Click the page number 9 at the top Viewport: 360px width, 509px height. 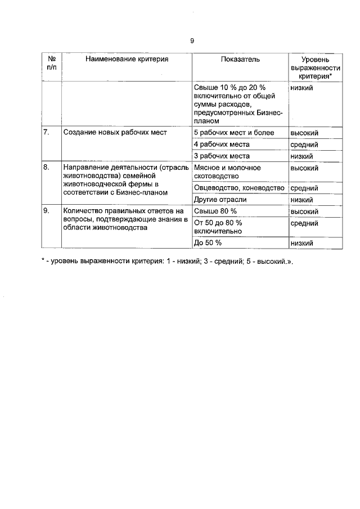[192, 40]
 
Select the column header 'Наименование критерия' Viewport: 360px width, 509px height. [127, 58]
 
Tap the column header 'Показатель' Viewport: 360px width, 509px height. [240, 58]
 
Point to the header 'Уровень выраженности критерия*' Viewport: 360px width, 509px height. [315, 67]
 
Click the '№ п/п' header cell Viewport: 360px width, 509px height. [52, 62]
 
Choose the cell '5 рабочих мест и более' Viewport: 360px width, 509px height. [233, 133]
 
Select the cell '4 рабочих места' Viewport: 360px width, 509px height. [221, 145]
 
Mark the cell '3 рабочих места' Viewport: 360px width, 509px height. [221, 156]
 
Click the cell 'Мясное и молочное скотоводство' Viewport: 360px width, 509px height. [227, 172]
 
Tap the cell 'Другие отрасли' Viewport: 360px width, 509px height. [220, 199]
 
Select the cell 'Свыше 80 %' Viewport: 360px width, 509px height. [215, 211]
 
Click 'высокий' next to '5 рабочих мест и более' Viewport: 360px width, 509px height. [304, 133]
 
